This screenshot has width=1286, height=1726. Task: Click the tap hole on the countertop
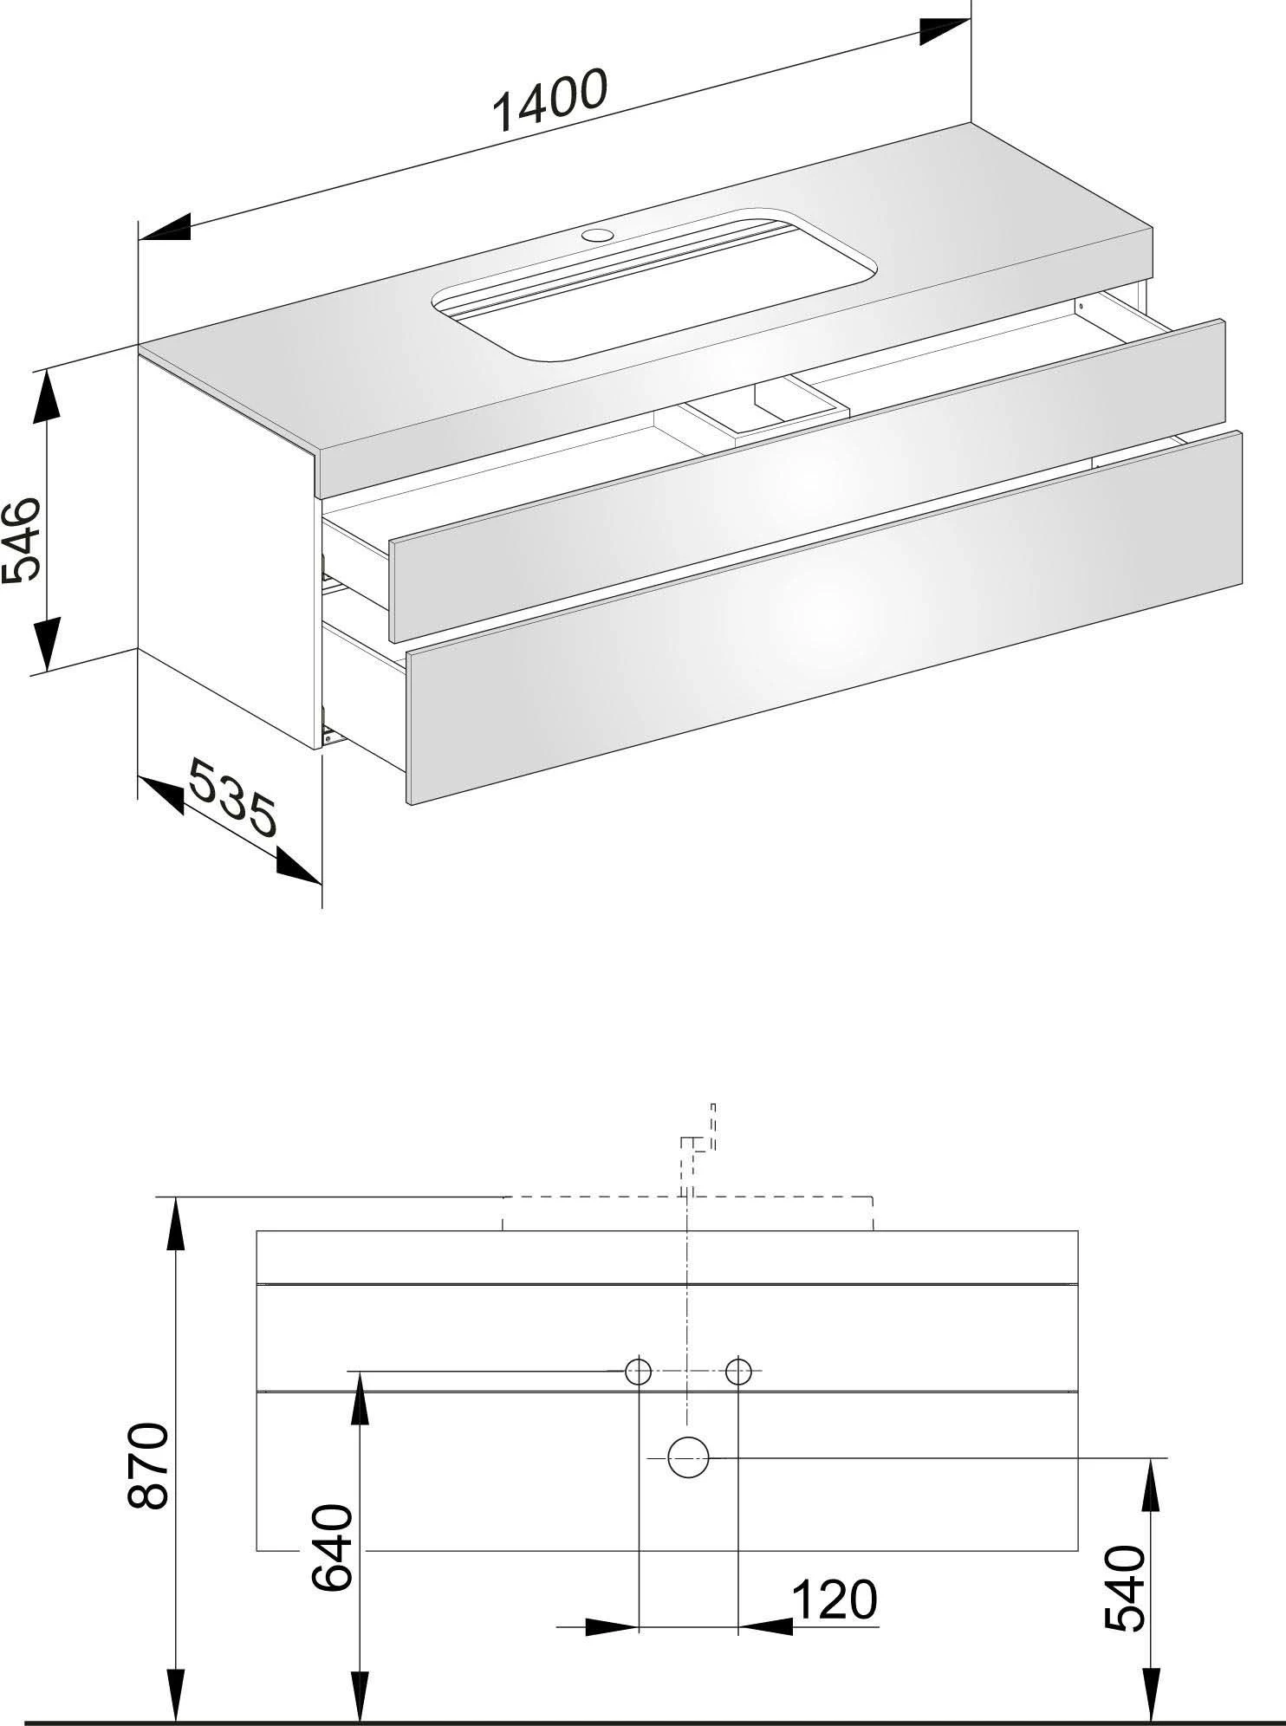597,234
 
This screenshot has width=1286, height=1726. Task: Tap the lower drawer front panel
823,615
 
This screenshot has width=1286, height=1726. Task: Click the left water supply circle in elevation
639,1371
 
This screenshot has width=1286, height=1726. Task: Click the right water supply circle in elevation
737,1371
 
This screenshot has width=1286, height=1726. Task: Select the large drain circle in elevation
689,1457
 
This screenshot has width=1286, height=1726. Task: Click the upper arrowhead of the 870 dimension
176,1222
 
